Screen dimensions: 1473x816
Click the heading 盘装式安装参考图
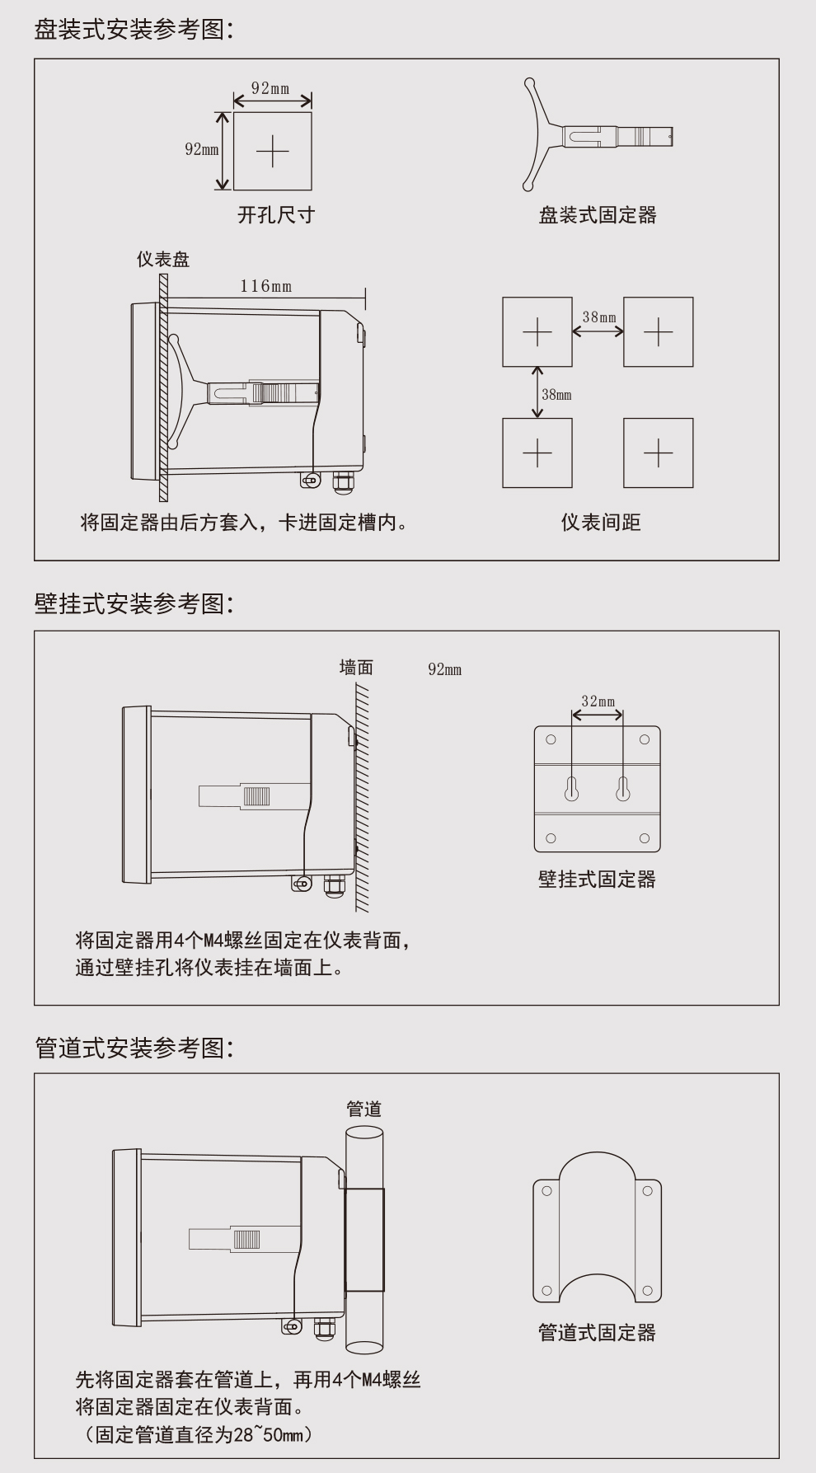tap(134, 30)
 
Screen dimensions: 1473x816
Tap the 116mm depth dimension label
tap(265, 286)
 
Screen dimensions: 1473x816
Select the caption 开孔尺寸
tap(276, 216)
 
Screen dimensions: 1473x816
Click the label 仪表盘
tap(163, 260)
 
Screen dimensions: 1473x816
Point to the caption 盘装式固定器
tap(598, 216)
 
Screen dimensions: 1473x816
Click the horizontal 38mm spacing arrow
tap(598, 331)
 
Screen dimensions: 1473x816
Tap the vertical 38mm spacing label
tap(556, 395)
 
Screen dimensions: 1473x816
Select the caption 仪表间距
tap(601, 523)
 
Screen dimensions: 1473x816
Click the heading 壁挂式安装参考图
tap(134, 603)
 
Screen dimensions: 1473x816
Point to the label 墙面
tap(356, 668)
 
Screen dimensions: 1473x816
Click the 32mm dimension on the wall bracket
tap(598, 701)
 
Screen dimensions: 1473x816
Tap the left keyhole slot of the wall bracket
tap(571, 789)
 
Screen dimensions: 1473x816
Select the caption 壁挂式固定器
tap(597, 880)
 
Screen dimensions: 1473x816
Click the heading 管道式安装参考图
tap(134, 1048)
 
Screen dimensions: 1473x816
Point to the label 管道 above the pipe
tap(363, 1109)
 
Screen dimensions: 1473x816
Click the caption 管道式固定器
tap(597, 1333)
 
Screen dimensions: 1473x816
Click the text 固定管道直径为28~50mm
tap(198, 1435)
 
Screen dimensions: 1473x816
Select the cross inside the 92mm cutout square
tap(272, 152)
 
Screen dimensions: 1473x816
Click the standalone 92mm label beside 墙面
tap(444, 669)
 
